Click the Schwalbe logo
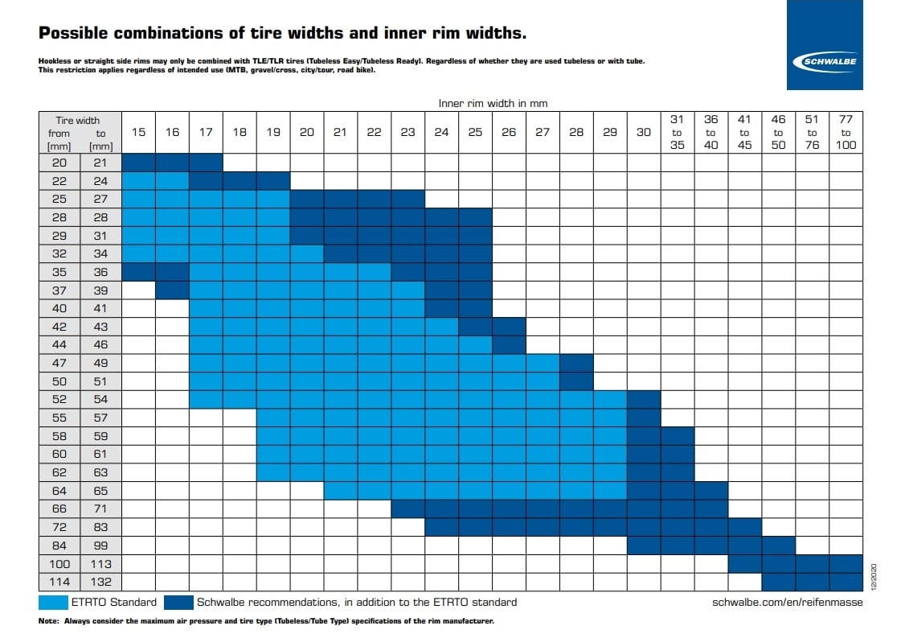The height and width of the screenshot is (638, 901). point(825,62)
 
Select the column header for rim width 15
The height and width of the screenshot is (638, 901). point(138,132)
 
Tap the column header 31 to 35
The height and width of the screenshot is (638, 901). point(678,132)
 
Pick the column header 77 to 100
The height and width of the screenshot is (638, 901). point(846,132)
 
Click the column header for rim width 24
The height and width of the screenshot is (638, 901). point(441,132)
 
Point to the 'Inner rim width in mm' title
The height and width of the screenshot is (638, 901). point(493,104)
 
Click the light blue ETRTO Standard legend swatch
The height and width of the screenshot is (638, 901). point(53,603)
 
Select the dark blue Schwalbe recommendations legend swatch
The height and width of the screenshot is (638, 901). point(178,603)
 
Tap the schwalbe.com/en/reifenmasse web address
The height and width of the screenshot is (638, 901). point(787,603)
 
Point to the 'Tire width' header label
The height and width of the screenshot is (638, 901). point(78,120)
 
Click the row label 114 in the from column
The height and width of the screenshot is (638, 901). point(59,582)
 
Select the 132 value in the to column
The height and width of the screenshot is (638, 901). point(100,582)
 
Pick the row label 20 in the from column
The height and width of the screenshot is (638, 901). point(59,163)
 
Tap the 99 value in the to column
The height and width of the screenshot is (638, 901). point(100,545)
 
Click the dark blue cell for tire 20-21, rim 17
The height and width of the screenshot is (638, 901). point(207,163)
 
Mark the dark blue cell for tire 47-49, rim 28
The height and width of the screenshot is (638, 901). point(576,363)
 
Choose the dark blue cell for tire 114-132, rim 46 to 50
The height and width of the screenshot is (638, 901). point(779,582)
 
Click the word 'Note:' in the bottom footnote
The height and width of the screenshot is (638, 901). point(48,621)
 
